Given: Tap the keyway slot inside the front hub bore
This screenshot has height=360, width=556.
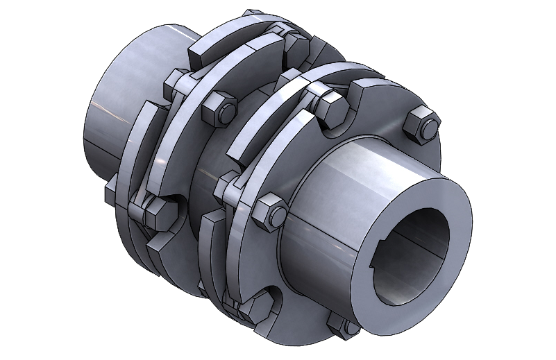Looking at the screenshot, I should [x=384, y=262].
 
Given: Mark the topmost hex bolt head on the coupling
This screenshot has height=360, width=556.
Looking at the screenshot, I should [x=296, y=43].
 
